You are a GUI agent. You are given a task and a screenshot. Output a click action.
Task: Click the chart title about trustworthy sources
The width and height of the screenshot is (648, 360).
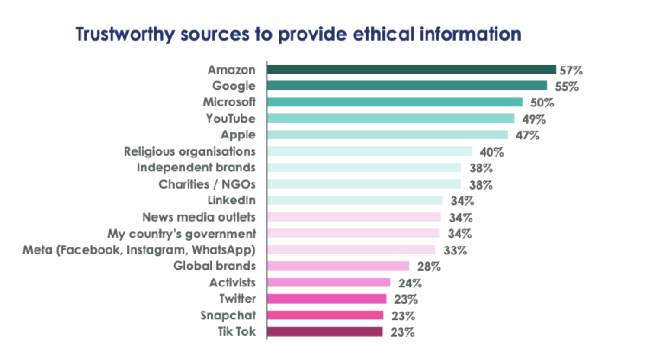click(x=298, y=35)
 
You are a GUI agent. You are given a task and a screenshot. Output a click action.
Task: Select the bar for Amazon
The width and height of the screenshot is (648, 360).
click(x=411, y=69)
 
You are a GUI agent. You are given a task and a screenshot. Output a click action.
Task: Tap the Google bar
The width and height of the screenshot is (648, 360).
click(x=407, y=86)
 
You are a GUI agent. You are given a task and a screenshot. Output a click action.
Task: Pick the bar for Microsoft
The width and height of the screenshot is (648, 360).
click(x=395, y=102)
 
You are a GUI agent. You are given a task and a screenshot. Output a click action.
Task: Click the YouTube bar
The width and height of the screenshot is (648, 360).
click(x=390, y=119)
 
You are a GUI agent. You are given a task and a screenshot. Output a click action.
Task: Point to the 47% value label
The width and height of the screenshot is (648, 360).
click(x=527, y=136)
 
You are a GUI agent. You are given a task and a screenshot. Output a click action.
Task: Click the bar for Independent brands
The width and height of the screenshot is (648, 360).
click(x=364, y=168)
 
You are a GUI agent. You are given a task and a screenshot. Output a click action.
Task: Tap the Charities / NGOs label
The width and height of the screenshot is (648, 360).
click(x=207, y=184)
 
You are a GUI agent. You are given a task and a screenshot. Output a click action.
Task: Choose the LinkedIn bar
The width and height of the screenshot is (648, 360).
click(x=355, y=201)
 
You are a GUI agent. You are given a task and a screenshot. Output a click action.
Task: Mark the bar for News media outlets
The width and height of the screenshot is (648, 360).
click(x=354, y=217)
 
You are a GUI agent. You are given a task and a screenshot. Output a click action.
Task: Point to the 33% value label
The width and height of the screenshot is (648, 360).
click(x=456, y=250)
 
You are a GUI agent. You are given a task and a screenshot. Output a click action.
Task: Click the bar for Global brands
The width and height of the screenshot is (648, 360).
click(x=338, y=266)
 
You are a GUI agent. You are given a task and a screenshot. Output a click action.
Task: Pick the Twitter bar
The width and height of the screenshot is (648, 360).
click(x=325, y=299)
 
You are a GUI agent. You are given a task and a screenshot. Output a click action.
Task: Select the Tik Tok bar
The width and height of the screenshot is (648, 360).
click(x=324, y=331)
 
